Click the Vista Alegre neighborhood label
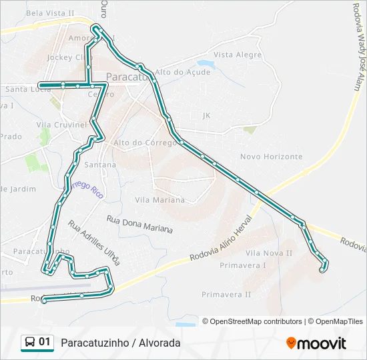coord(238,55)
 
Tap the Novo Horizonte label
coord(271,157)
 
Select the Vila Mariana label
coord(159,200)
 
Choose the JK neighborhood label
coord(206,115)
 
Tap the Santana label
coord(100,165)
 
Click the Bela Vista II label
coord(50,13)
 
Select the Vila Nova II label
coord(269,253)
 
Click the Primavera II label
coord(226,294)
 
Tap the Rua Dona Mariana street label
coord(139,224)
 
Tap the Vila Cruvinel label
coord(61,125)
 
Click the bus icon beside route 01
coord(30,342)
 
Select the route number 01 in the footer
coord(45,342)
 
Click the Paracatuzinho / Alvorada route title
coord(120,343)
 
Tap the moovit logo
coord(316,343)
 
